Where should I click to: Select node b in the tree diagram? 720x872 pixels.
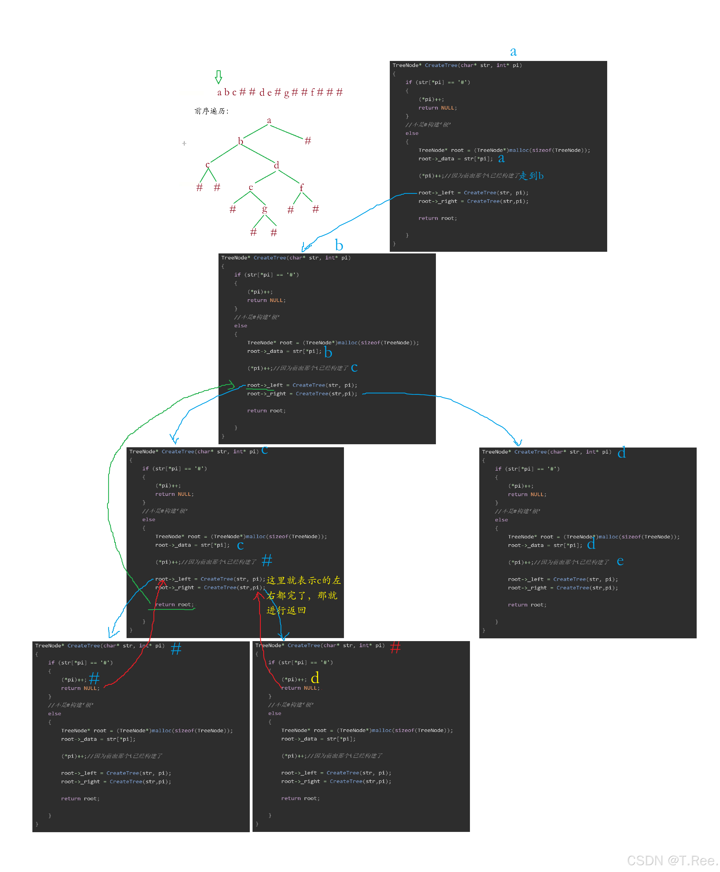pyautogui.click(x=240, y=141)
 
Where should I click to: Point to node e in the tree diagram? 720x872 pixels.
pyautogui.click(x=251, y=187)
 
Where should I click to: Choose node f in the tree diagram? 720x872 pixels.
pyautogui.click(x=301, y=188)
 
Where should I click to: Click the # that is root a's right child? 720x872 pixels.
pyautogui.click(x=308, y=141)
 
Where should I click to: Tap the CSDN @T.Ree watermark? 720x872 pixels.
pyautogui.click(x=672, y=860)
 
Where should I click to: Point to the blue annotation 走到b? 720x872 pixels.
pyautogui.click(x=532, y=175)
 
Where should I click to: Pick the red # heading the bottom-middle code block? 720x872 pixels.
pyautogui.click(x=395, y=647)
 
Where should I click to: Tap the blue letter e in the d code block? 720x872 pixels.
pyautogui.click(x=620, y=561)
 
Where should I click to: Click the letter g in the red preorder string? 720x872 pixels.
pyautogui.click(x=287, y=93)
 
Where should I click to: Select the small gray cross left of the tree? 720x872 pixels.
pyautogui.click(x=184, y=143)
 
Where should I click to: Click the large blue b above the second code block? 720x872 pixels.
pyautogui.click(x=339, y=245)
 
